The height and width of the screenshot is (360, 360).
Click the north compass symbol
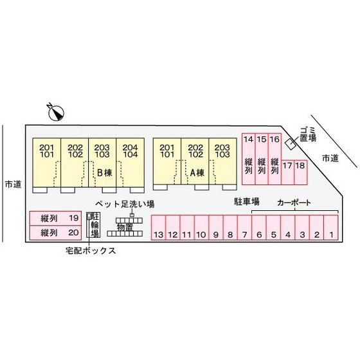pos(56,113)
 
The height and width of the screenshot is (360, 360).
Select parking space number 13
pos(158,228)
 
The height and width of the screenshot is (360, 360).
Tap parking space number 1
pos(331,228)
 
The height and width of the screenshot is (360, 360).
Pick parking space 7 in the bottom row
pos(244,228)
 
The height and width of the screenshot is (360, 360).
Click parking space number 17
pos(288,172)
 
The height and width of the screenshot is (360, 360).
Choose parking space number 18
pos(301,172)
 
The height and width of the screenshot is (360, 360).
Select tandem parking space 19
pos(55,218)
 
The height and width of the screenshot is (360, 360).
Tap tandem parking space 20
pos(55,233)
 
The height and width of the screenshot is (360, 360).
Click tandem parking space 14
pos(249,159)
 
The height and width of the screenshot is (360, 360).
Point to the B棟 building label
pos(105,173)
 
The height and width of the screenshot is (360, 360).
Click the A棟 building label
pos(197,173)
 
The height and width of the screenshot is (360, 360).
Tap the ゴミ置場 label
pos(308,134)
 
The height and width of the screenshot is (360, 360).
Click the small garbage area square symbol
pos(290,145)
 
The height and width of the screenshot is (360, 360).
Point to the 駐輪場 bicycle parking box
pos(93,225)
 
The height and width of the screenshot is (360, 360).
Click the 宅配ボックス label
pos(91,251)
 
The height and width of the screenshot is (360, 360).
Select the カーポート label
pos(294,203)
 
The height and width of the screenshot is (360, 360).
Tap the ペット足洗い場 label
pos(125,204)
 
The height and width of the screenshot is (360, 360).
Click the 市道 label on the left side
pos(13,184)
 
